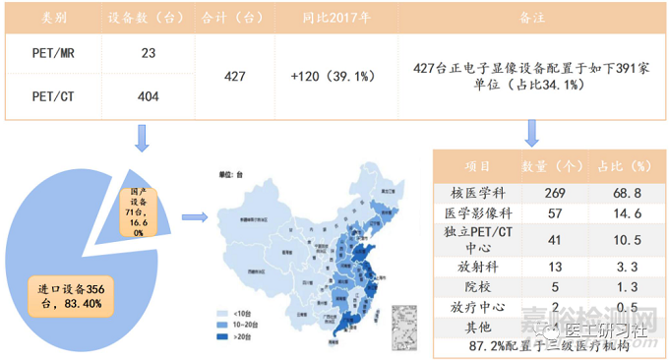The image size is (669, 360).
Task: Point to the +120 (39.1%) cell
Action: [x=329, y=77]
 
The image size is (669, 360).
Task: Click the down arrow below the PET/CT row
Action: [x=142, y=137]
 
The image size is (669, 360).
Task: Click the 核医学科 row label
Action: [x=477, y=191]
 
